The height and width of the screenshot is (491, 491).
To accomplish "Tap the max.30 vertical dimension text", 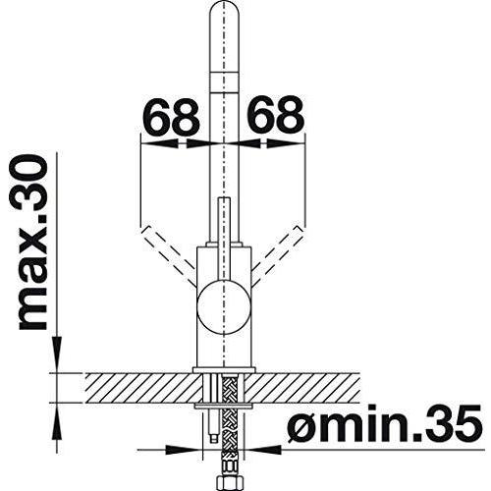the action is tap(33, 243).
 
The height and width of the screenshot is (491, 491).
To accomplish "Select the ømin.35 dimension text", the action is tap(385, 423).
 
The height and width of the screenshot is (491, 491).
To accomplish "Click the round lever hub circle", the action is tap(224, 307).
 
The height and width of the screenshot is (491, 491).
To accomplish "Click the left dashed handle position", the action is tap(167, 253).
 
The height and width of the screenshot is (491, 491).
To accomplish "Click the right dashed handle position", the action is tap(278, 253).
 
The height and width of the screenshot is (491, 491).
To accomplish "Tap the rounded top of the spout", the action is tap(224, 10).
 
